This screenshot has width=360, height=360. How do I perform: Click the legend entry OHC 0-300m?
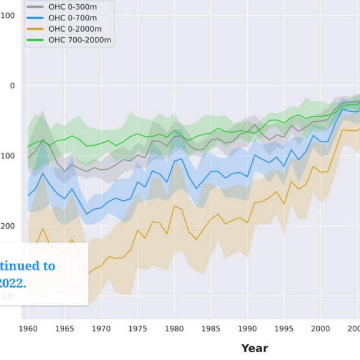point(72,7)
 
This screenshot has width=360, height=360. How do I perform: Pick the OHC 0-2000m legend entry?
point(74,29)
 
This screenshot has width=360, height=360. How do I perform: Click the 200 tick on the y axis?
point(8,226)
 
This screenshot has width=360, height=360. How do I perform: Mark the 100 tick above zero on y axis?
point(8,15)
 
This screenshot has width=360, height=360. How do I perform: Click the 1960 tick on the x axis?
point(28,329)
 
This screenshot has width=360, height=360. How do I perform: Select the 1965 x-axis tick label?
point(64,329)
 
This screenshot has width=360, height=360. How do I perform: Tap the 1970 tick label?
point(101,329)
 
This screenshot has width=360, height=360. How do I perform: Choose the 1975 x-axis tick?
point(137,329)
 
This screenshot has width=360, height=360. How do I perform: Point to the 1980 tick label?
point(174,329)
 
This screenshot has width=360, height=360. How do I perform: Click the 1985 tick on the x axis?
point(211,329)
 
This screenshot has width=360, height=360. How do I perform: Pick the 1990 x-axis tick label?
point(247,329)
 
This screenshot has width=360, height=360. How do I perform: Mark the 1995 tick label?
point(284,329)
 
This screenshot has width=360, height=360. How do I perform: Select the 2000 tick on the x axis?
point(320,329)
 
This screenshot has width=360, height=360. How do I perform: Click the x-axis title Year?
point(254,348)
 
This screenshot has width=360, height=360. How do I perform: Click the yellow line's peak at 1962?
point(43,228)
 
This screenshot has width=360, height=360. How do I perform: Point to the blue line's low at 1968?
point(86,214)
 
